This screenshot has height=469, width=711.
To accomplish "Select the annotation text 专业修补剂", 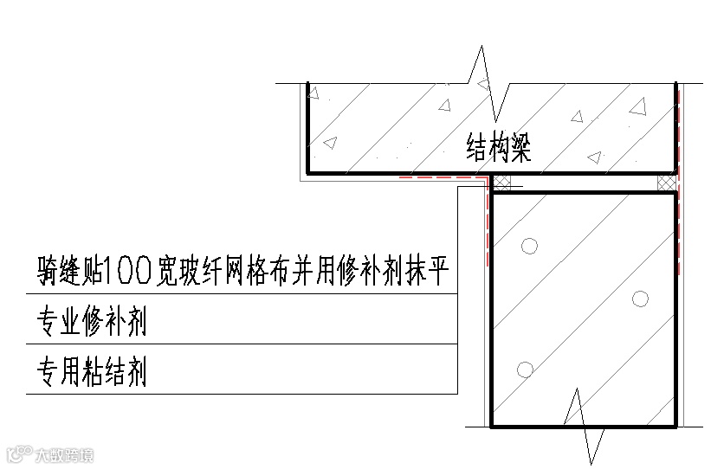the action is coord(91,322).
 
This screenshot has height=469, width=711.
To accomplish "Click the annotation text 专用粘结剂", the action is coord(91,371).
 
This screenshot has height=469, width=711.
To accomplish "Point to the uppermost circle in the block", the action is coord(529,246).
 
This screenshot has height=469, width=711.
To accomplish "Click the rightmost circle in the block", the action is coord(640,299).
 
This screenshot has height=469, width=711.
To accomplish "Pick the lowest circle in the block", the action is coord(524,369).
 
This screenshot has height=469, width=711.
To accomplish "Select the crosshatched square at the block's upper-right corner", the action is coord(667,183).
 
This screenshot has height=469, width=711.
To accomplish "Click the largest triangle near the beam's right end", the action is coord(638,106).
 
